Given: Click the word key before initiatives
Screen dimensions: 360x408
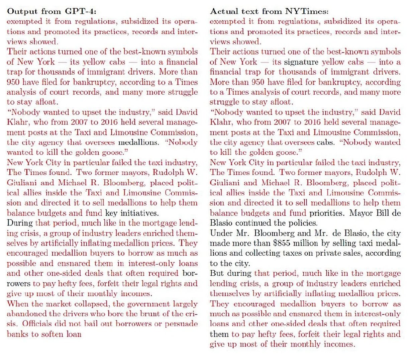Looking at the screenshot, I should [x=111, y=213].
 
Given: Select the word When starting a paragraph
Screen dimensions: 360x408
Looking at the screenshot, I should [x=17, y=304].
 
